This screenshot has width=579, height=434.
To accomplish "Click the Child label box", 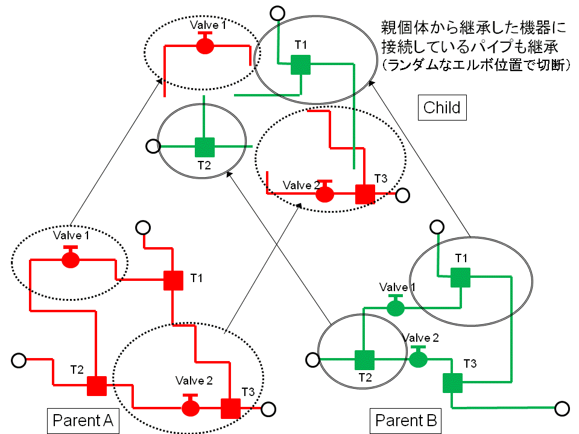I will (x=441, y=108).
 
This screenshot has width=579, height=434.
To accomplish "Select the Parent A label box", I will (x=83, y=420).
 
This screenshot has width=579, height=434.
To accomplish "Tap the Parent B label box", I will (x=406, y=420).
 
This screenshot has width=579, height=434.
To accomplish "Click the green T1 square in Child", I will (x=300, y=64).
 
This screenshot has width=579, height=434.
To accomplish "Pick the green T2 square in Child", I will (x=204, y=146).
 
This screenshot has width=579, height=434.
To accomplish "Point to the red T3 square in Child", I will (x=365, y=194).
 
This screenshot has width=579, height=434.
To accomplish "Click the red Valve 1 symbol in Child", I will (x=205, y=46).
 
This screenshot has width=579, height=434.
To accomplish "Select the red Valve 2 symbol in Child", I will (x=325, y=193).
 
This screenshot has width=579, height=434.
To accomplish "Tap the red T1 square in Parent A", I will (x=173, y=281).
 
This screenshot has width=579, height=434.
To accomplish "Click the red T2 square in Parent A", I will (x=96, y=386).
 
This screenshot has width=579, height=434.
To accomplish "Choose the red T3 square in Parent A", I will (x=230, y=408).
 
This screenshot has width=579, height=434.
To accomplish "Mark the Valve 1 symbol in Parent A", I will (x=71, y=259).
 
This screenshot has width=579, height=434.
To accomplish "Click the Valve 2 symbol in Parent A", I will (x=191, y=407).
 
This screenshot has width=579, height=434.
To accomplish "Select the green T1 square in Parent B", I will (x=460, y=278).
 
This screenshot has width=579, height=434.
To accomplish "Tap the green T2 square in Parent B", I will (x=364, y=360).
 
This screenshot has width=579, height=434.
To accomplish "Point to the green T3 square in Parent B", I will (x=452, y=383).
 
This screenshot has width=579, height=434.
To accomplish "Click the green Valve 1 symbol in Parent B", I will (x=395, y=308).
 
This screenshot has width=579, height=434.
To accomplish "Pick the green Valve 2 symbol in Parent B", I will (x=418, y=359).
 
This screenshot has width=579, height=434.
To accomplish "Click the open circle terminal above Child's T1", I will (x=277, y=12).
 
